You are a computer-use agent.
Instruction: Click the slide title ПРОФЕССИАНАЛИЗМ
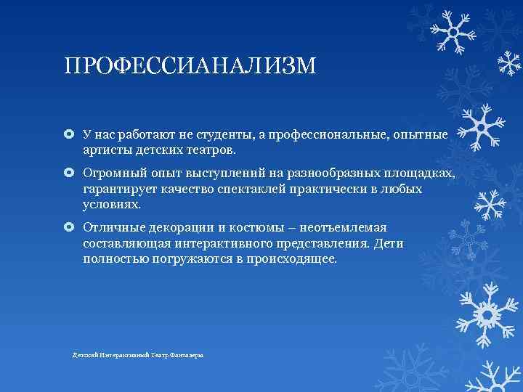pyautogui.click(x=190, y=67)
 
